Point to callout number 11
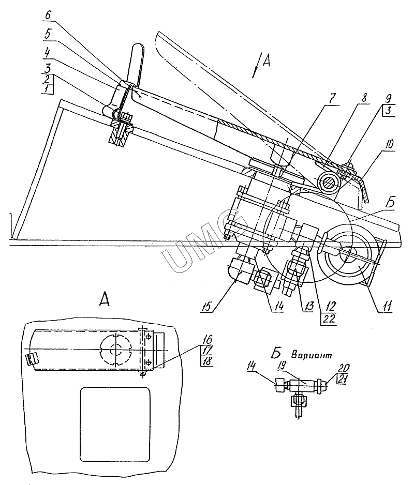pyautogui.click(x=387, y=306)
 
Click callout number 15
pyautogui.click(x=206, y=307)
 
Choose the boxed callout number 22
pyautogui.click(x=329, y=319)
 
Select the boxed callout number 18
pyautogui.click(x=207, y=361)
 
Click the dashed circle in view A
pyautogui.click(x=116, y=338)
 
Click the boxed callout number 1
pyautogui.click(x=47, y=89)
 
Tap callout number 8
pyautogui.click(x=364, y=98)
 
